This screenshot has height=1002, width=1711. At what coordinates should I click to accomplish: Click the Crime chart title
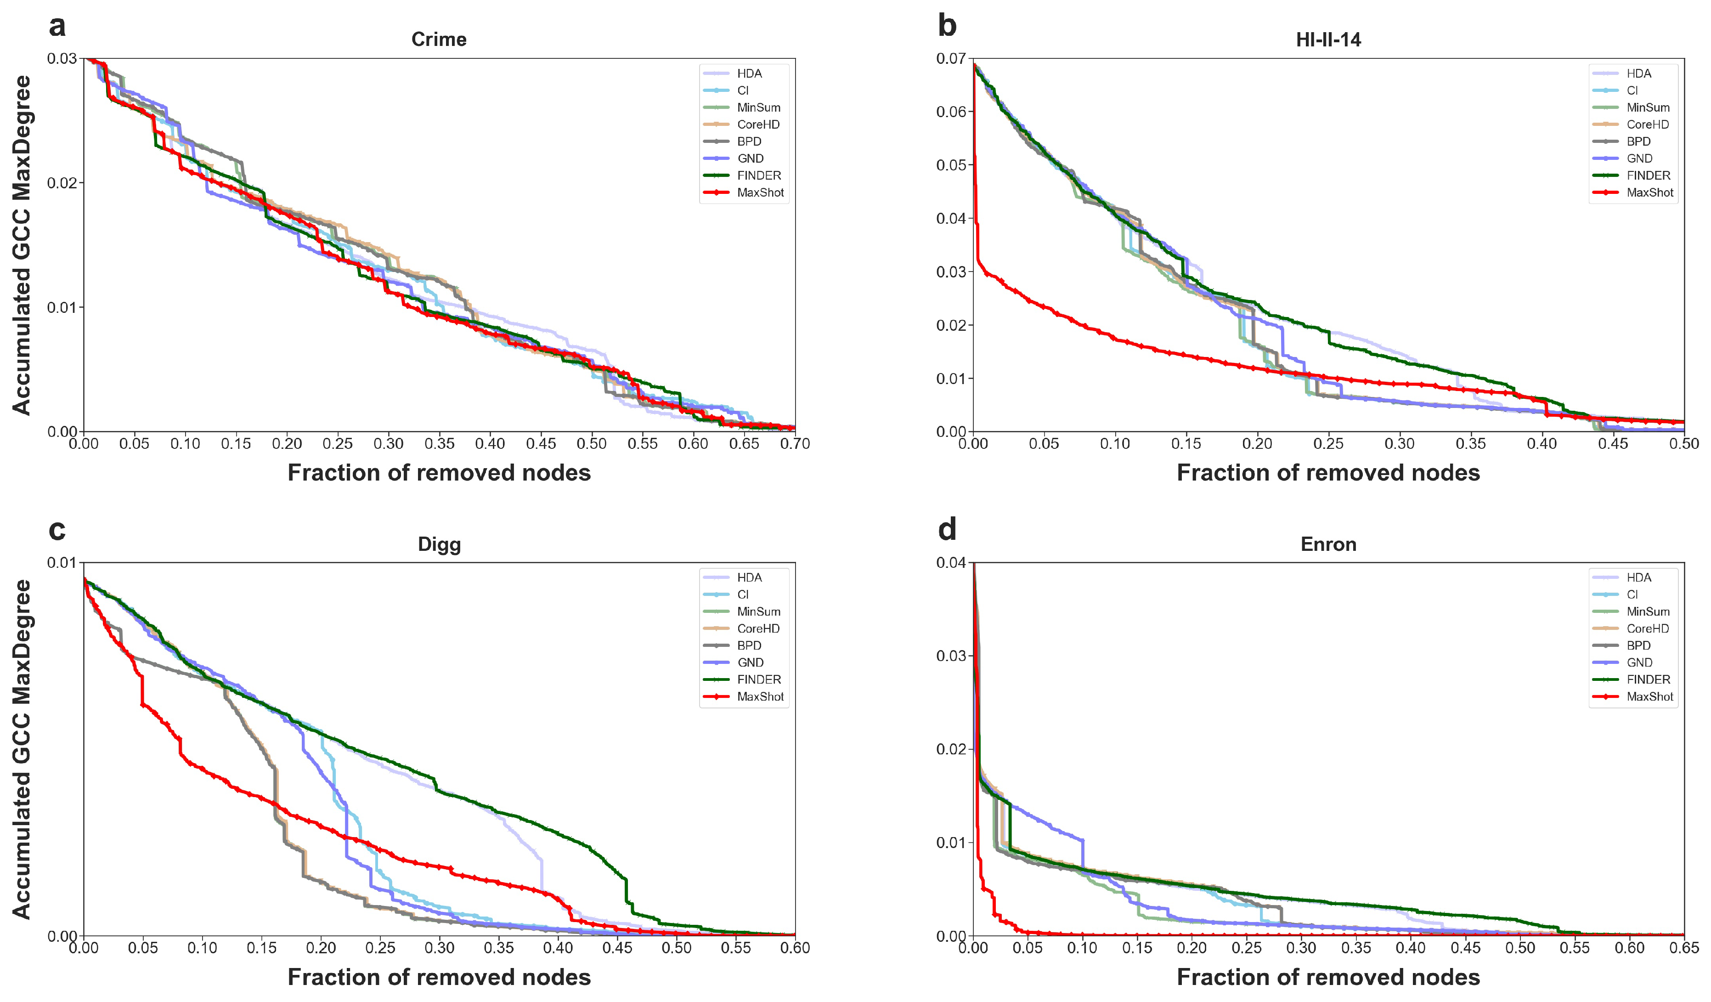tap(439, 40)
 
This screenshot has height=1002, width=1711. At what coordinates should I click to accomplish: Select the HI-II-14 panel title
tap(1328, 40)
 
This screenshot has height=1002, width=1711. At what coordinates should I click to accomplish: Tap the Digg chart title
tap(439, 544)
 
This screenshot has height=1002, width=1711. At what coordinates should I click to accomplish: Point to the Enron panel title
tap(1328, 544)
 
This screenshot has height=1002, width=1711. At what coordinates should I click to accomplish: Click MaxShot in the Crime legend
tap(760, 192)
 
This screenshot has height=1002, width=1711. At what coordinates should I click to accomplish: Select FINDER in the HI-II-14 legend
tap(1648, 175)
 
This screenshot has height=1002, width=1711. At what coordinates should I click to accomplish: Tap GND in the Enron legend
tap(1639, 662)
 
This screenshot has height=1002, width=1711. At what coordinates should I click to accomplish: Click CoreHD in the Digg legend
tap(758, 628)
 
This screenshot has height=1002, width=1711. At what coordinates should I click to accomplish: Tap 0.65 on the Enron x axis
tap(1684, 948)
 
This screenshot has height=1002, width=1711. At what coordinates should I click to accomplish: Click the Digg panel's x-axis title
tap(439, 977)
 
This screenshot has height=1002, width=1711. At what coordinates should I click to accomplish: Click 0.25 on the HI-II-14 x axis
tap(1328, 444)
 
